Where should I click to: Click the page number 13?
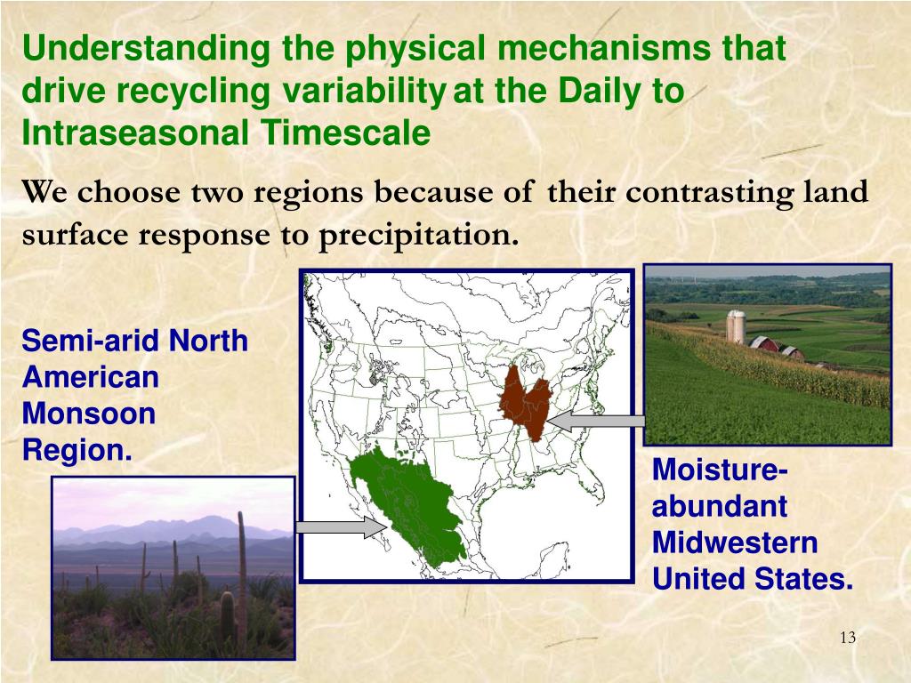(x=848, y=638)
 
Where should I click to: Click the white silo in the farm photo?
(x=736, y=326)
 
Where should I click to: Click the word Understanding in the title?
(x=146, y=48)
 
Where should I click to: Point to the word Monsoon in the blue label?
(x=89, y=414)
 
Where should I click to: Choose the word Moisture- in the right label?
(x=720, y=470)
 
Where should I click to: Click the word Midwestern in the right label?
(x=735, y=542)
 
